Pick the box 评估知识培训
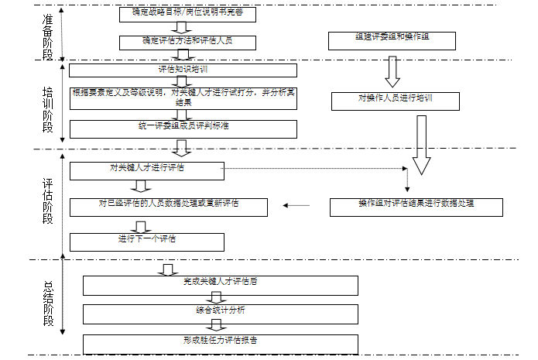183,70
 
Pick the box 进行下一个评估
147,242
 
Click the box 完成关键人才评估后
221,285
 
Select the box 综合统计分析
221,314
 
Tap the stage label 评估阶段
48,202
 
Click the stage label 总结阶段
48,300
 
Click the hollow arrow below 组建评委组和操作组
392,71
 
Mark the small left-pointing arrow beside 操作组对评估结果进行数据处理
296,206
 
